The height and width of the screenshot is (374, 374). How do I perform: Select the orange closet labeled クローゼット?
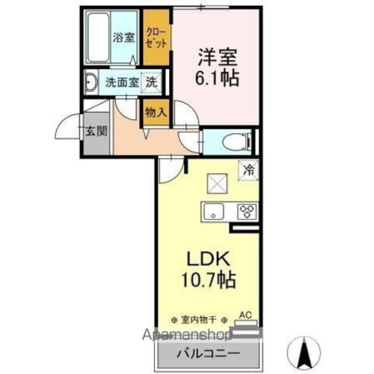pyautogui.click(x=157, y=37)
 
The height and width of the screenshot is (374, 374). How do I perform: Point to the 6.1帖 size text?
pyautogui.click(x=217, y=78)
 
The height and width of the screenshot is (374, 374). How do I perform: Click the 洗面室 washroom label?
pyautogui.click(x=122, y=82)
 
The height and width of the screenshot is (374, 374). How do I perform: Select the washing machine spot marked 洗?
pyautogui.click(x=151, y=82)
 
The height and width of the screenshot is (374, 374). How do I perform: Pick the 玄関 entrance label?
pyautogui.click(x=96, y=130)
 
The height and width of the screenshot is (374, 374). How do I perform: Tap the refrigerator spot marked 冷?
pyautogui.click(x=248, y=170)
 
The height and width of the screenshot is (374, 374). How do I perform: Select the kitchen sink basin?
pyautogui.click(x=213, y=211)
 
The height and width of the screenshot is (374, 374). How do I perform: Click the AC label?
pyautogui.click(x=245, y=314)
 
